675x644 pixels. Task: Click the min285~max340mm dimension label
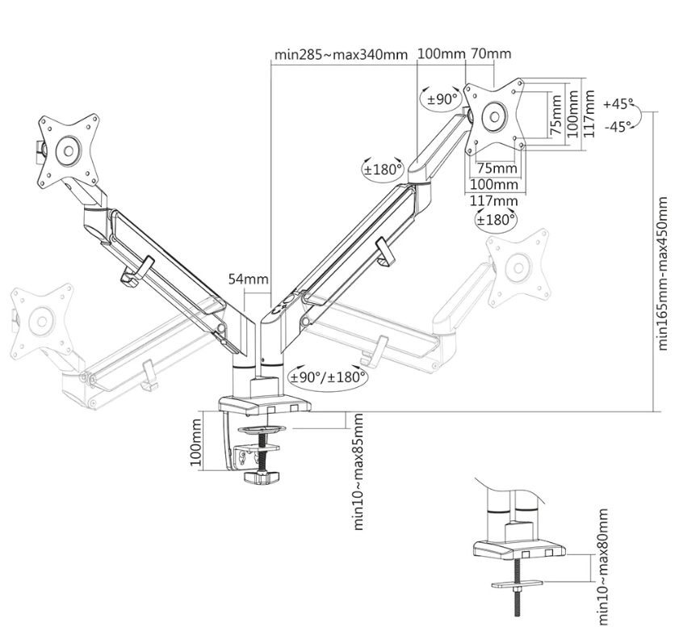coord(341,55)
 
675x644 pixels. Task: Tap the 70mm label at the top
coord(491,54)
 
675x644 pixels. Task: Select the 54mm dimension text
coord(248,279)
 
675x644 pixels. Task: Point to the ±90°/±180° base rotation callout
coord(328,377)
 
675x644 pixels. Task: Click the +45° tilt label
coord(618,103)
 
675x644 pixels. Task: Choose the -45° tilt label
coord(618,127)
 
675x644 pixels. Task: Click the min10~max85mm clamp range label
coord(358,472)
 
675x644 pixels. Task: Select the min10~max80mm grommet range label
coord(603,567)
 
